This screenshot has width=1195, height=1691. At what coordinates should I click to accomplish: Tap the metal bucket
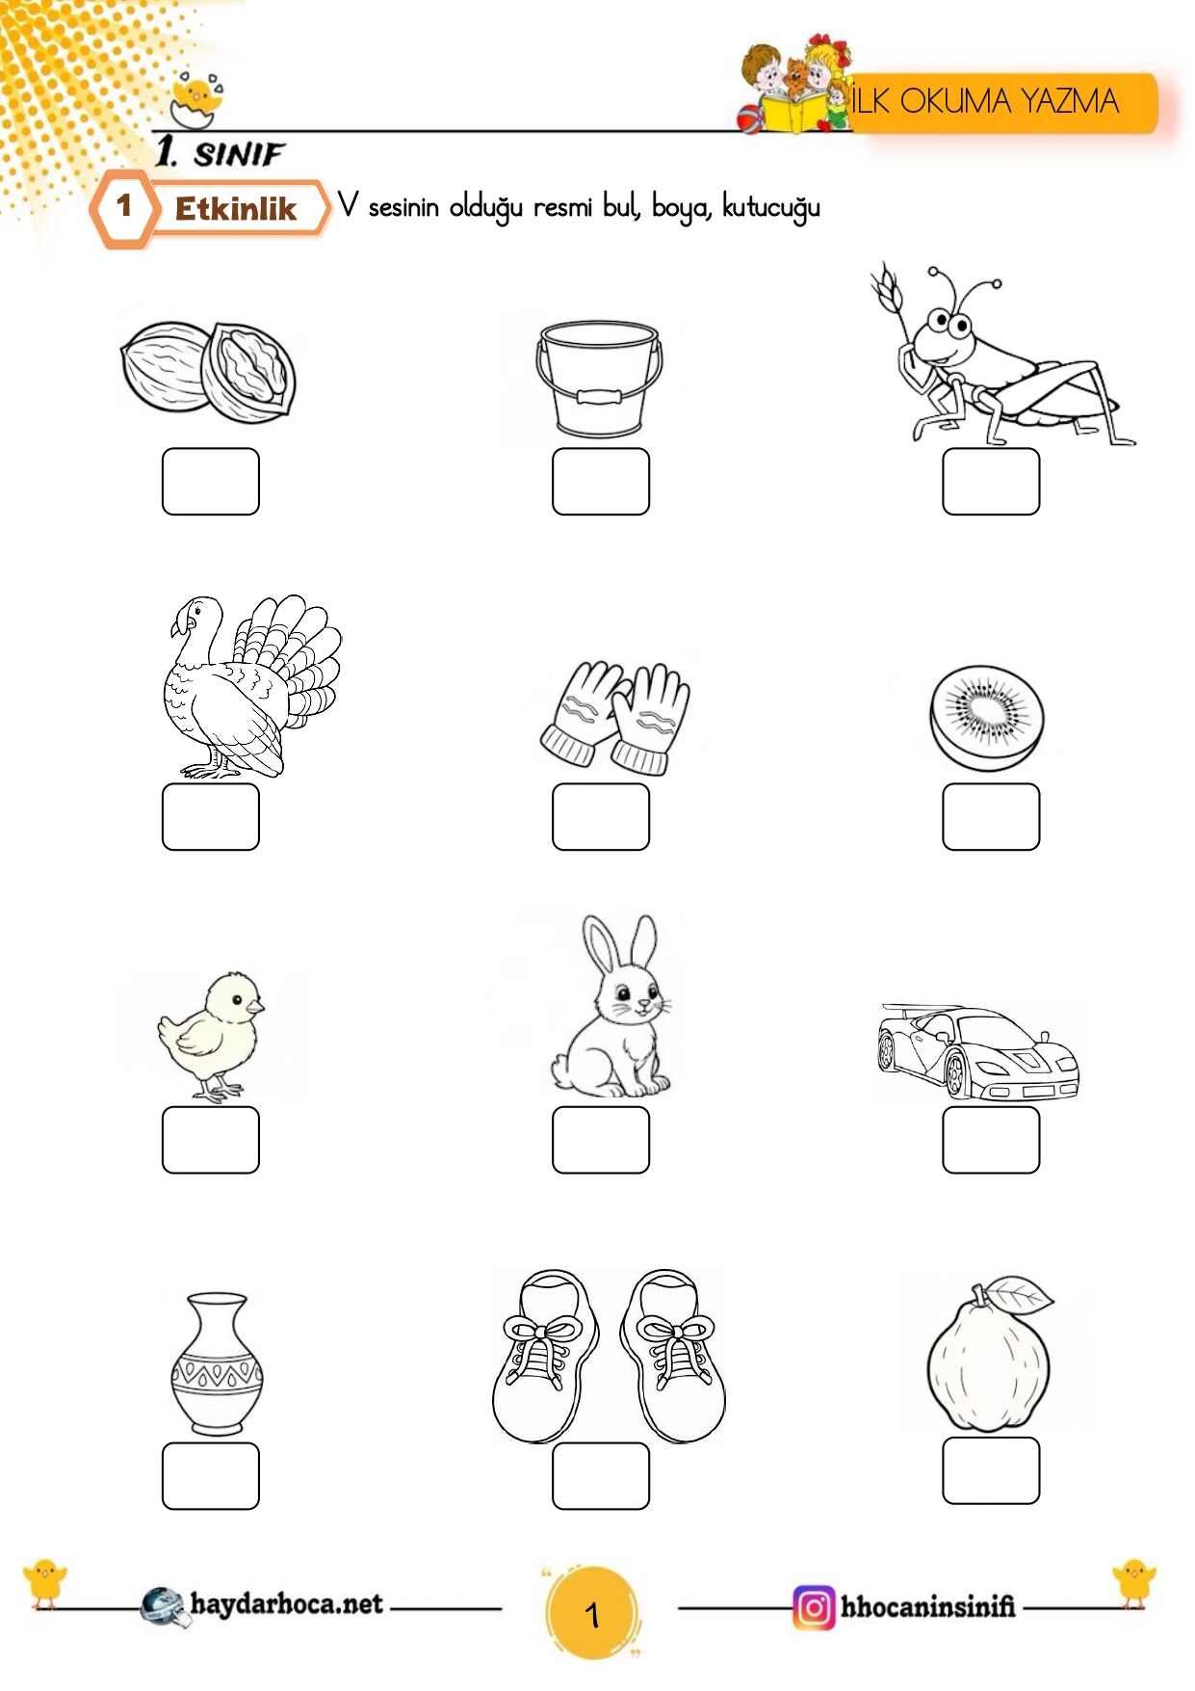pos(599,379)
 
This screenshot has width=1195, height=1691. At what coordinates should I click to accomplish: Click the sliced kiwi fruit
pos(986,718)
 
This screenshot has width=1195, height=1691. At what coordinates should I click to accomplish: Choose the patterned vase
pos(217,1363)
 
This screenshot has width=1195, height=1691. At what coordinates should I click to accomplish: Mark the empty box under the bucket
pos(601,482)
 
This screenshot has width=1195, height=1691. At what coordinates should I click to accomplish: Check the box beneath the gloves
pos(601,817)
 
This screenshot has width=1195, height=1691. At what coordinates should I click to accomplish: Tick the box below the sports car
pos(991,1140)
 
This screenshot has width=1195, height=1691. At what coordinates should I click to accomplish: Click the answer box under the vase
pos(211,1476)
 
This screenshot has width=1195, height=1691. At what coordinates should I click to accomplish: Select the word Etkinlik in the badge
pos(236,208)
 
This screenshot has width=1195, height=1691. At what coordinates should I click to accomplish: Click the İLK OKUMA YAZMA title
pos(984,101)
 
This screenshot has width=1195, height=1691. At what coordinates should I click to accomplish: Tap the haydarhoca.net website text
pos(286,1604)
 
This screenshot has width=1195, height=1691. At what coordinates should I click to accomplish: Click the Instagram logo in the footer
pos(814,1607)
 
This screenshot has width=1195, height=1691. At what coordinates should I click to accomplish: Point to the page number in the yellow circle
pos(592,1614)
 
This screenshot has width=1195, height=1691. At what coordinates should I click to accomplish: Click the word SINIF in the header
pos(239,154)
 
